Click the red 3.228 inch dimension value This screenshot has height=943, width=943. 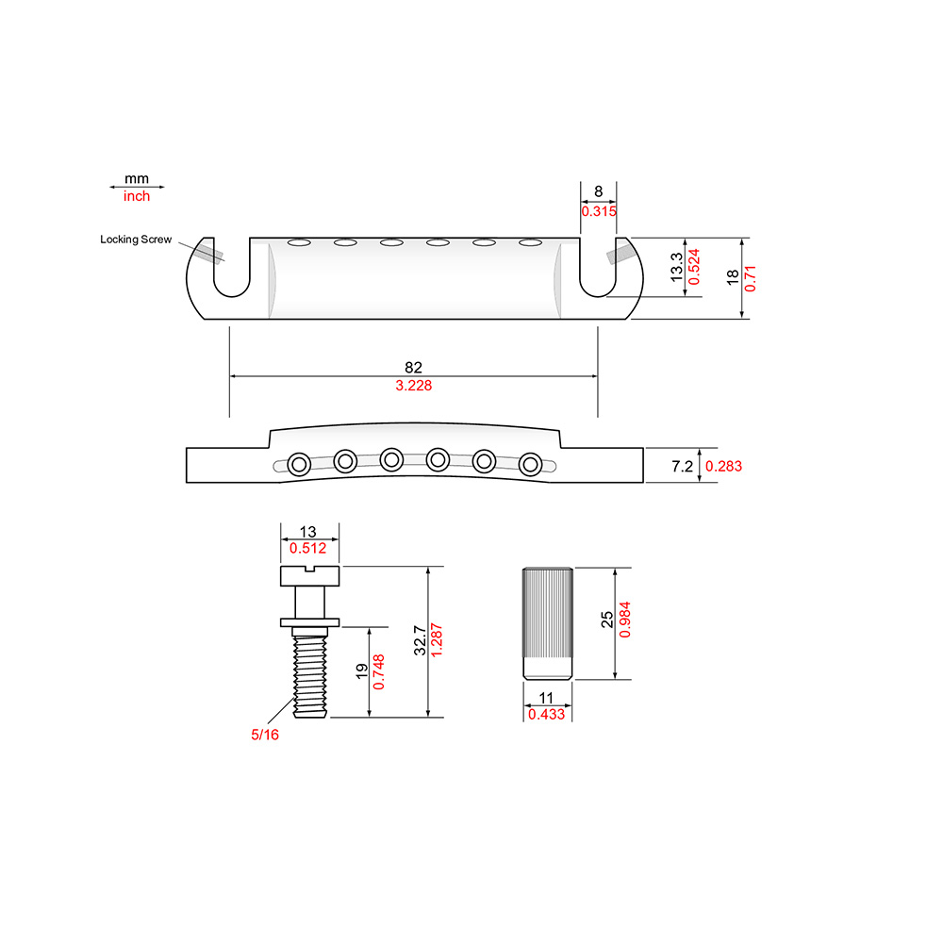(414, 386)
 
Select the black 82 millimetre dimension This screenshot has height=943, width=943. (413, 367)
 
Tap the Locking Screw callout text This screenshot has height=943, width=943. (136, 240)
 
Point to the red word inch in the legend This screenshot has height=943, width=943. (137, 196)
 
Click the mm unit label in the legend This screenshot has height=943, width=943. (137, 178)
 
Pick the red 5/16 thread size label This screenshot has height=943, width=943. (265, 735)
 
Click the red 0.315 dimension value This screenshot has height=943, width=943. (599, 211)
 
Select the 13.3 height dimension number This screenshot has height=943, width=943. (676, 267)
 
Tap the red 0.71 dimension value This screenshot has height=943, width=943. (750, 278)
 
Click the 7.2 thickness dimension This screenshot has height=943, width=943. (682, 466)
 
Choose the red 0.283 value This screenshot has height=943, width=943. (723, 466)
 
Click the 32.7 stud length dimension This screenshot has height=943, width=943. (420, 640)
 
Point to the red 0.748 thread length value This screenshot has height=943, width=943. (379, 672)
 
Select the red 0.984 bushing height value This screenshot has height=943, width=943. (625, 620)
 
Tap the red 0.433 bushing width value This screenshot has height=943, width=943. (546, 715)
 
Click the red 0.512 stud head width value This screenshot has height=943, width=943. (308, 548)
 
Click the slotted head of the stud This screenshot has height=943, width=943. (309, 575)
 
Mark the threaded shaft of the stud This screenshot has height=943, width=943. (309, 676)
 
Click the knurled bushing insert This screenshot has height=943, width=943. (547, 623)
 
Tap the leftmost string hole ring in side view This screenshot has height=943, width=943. (299, 464)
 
